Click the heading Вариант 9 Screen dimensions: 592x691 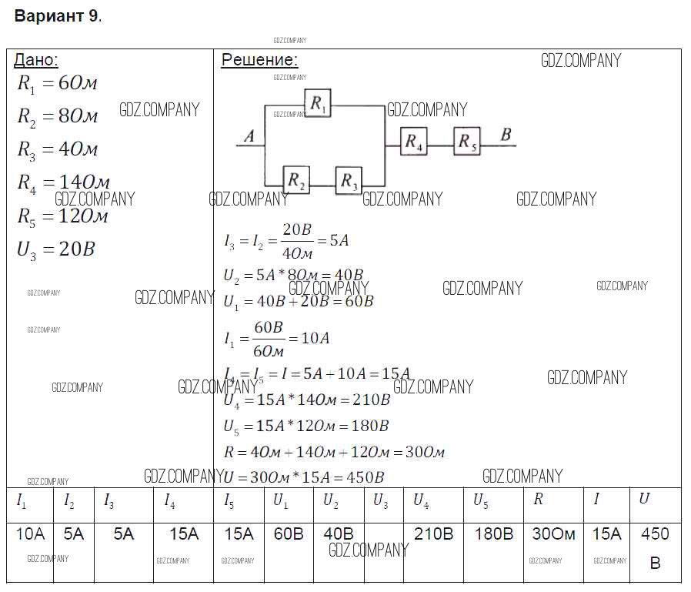(x=58, y=16)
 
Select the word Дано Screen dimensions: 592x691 (x=36, y=61)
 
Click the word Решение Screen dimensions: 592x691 (x=259, y=61)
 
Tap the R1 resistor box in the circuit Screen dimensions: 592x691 (x=318, y=103)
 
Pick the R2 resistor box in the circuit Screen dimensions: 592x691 (x=296, y=180)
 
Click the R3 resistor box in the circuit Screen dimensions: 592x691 (x=349, y=180)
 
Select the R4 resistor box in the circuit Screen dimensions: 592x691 (x=414, y=142)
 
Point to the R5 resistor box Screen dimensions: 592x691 (x=466, y=142)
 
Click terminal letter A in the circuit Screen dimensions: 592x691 (x=249, y=137)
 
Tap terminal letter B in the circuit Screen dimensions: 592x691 (x=506, y=135)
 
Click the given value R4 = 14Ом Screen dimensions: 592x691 (x=64, y=182)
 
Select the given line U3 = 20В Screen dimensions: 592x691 (x=55, y=249)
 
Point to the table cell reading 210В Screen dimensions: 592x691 (x=433, y=533)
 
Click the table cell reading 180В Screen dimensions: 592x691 (x=493, y=533)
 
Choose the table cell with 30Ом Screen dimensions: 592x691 (x=553, y=533)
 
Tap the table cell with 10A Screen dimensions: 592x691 (x=31, y=533)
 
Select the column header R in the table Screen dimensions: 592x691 (x=538, y=499)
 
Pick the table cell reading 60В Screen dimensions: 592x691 (x=289, y=533)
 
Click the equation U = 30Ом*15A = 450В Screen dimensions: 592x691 (x=304, y=477)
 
